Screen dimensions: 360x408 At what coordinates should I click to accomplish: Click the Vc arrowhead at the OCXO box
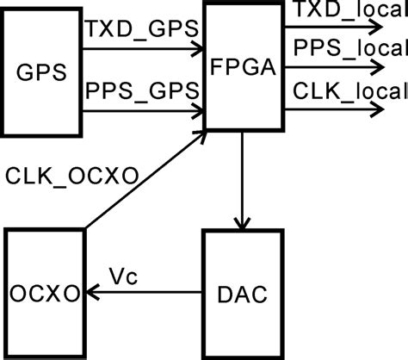pyautogui.click(x=90, y=294)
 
